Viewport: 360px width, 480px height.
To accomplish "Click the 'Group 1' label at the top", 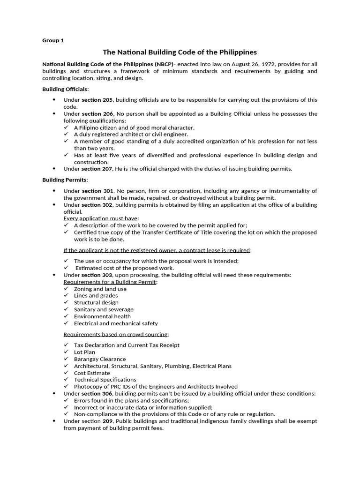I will pyautogui.click(x=53, y=40).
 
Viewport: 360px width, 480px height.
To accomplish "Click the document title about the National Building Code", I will pyautogui.click(x=180, y=52).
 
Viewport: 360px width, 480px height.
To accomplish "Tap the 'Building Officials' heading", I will pyautogui.click(x=65, y=89).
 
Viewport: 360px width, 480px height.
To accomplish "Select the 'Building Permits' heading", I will pyautogui.click(x=65, y=180).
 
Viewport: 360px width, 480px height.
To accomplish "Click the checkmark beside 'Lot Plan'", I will pyautogui.click(x=66, y=352).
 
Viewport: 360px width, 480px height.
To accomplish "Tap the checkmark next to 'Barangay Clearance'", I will pyautogui.click(x=66, y=359).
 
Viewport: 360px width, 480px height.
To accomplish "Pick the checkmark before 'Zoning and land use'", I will pyautogui.click(x=66, y=289).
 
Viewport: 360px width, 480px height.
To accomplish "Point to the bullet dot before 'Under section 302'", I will pyautogui.click(x=54, y=205).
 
